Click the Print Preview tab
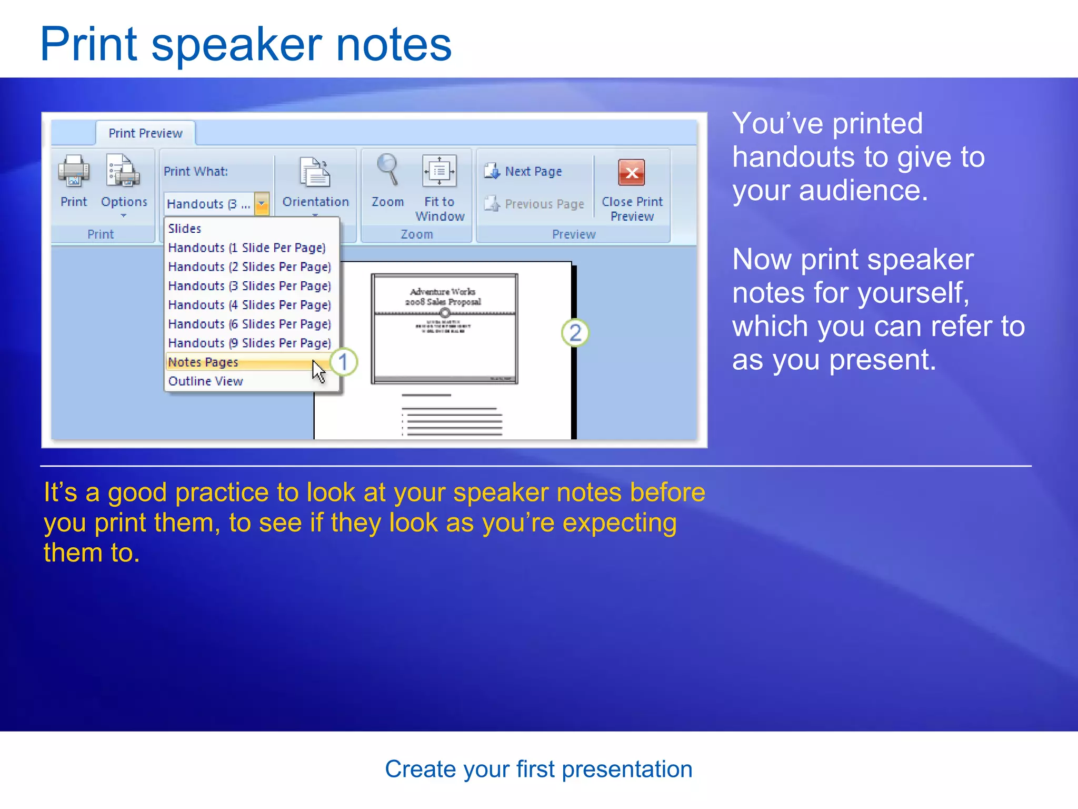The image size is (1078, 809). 145,133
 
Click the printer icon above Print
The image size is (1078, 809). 73,171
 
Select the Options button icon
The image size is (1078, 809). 123,171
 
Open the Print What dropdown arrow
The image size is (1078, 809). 262,204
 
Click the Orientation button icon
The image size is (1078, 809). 315,172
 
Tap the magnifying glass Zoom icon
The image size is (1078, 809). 388,170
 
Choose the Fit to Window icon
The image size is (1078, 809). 439,171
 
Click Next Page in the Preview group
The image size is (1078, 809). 524,172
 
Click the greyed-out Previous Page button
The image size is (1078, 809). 535,204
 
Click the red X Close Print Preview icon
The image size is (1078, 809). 632,172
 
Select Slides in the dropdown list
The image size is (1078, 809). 185,229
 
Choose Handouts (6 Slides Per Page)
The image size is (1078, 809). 249,324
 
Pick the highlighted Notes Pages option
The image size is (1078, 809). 203,362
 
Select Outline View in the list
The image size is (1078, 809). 206,381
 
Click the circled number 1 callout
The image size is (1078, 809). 343,362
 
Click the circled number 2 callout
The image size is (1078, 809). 575,333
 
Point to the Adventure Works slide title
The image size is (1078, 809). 443,296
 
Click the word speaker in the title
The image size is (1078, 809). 236,46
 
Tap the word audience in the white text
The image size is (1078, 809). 863,191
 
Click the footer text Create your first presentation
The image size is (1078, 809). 538,769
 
